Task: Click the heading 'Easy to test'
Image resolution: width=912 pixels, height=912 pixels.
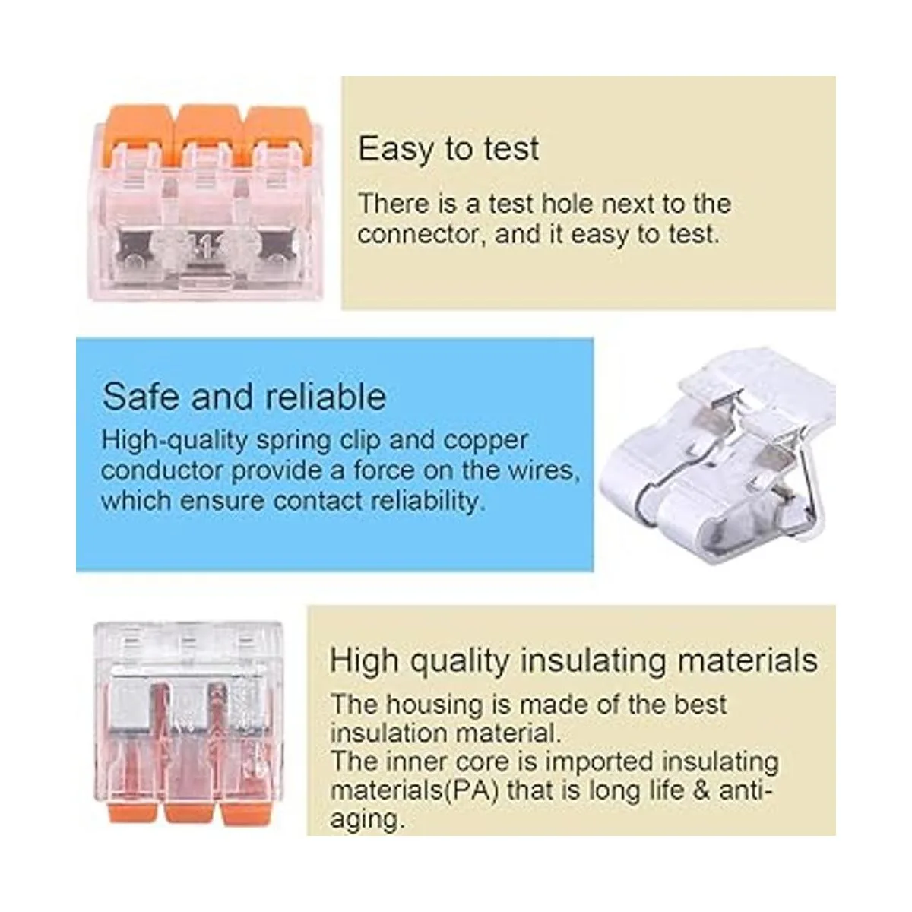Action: pyautogui.click(x=448, y=150)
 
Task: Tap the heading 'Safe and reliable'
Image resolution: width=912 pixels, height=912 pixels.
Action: pyautogui.click(x=244, y=397)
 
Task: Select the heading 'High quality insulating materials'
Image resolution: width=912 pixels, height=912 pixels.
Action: pyautogui.click(x=574, y=661)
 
